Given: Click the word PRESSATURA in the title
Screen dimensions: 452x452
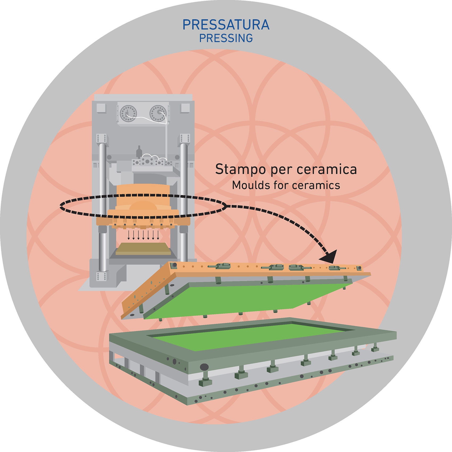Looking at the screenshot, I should click(x=226, y=25).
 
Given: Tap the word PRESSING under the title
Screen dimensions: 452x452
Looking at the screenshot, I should click(x=226, y=39).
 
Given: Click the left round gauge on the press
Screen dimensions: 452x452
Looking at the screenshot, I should click(x=128, y=113).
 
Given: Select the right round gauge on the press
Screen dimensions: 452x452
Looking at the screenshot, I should click(x=158, y=113).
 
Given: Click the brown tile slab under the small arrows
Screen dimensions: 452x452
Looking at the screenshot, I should click(x=143, y=249).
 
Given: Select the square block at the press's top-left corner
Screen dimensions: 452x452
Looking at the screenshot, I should click(x=101, y=108).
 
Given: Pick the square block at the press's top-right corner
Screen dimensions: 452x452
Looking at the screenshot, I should click(x=185, y=108).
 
